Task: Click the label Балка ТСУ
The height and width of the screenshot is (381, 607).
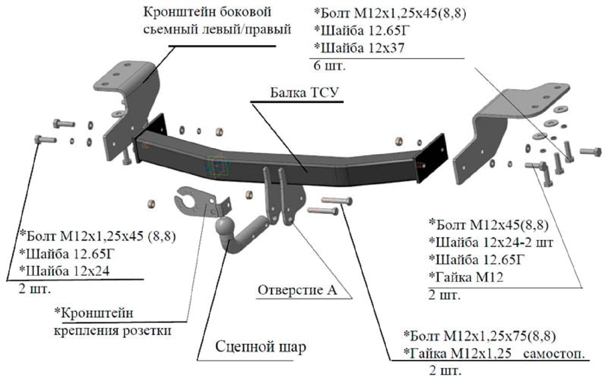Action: point(305,93)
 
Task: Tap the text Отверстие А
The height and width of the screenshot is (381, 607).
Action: point(297,290)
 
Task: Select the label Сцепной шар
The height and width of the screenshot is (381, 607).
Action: point(261,347)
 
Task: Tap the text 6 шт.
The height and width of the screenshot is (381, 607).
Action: point(329,66)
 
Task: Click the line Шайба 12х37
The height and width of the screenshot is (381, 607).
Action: point(359,48)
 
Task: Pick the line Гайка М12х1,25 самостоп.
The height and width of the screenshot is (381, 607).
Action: point(494,354)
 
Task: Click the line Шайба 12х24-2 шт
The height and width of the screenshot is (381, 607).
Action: point(491,242)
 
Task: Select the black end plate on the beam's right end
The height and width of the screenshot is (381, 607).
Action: point(432,158)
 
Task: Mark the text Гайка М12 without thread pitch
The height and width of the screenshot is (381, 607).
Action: point(466,277)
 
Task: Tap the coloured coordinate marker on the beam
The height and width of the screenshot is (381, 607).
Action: point(217,165)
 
